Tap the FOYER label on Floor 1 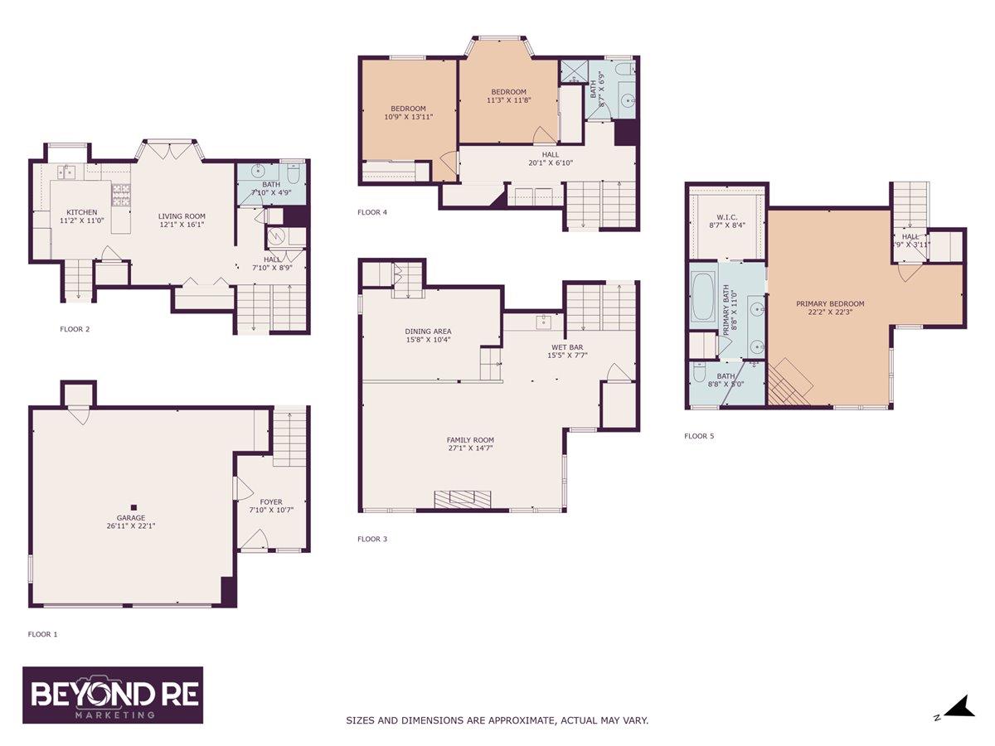[x=271, y=501]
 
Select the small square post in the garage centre [x=132, y=506]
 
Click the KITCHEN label [x=82, y=212]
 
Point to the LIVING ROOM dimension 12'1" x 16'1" [x=181, y=224]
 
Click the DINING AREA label [x=428, y=331]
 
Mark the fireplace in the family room [x=463, y=498]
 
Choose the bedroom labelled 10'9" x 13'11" [x=408, y=112]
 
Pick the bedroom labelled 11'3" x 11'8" [x=508, y=95]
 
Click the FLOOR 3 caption [x=372, y=539]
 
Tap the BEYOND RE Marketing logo [x=113, y=695]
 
